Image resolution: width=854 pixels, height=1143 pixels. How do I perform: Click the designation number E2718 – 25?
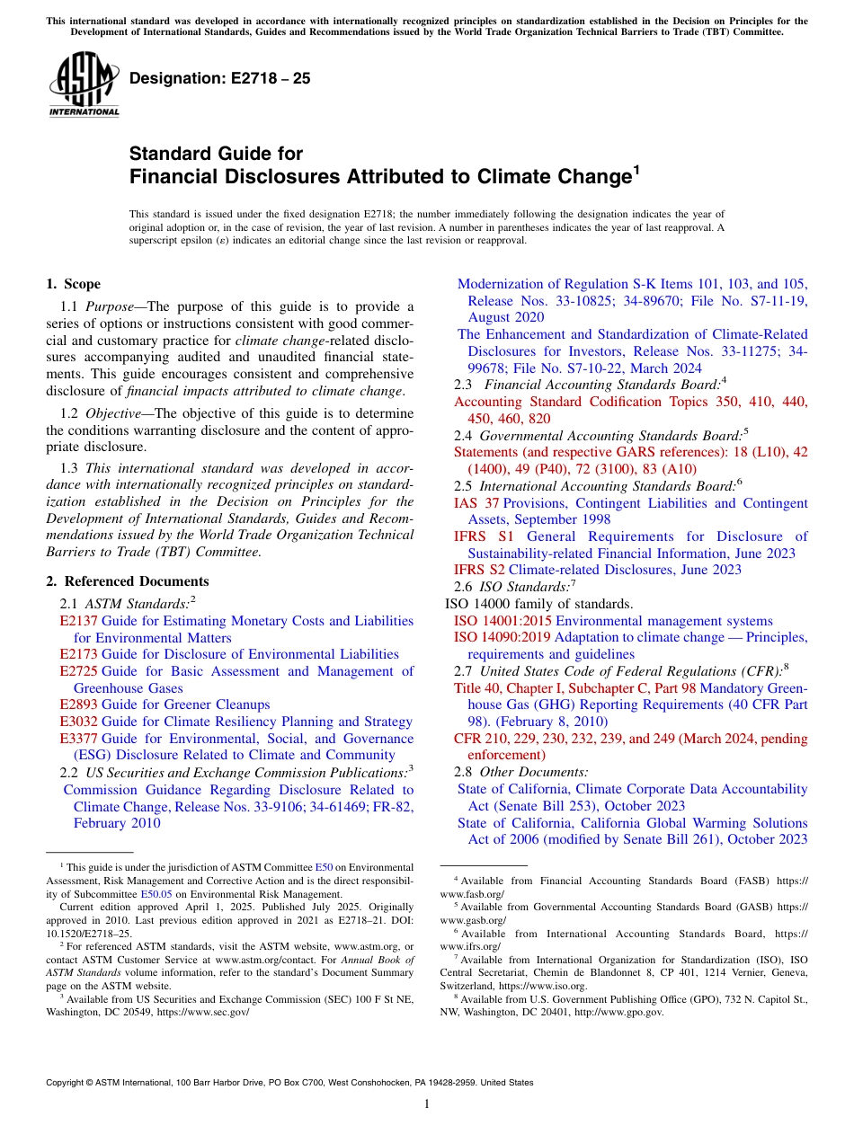(x=220, y=79)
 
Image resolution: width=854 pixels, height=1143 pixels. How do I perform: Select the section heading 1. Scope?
(x=73, y=284)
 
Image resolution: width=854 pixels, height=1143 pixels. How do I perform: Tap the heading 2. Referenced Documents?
(x=127, y=581)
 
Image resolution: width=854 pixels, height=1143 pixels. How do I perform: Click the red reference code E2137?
(x=78, y=621)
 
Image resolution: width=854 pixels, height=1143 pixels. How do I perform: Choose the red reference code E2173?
(x=78, y=654)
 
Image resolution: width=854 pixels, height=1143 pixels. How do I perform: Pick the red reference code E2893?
(x=78, y=704)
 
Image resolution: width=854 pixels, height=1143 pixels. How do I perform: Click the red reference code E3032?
(x=78, y=722)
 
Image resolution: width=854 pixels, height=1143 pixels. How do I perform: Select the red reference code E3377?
(x=78, y=739)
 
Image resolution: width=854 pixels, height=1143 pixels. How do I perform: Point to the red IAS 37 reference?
(x=476, y=503)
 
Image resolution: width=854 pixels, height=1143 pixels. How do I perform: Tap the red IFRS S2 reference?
(x=480, y=570)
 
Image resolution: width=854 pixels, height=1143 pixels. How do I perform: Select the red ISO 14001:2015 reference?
(x=503, y=621)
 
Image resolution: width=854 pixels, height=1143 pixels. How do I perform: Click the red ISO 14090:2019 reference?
(x=503, y=637)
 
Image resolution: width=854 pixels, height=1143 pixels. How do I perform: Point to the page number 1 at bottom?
(x=427, y=1104)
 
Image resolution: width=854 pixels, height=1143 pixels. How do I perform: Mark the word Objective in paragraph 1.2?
(x=114, y=413)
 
